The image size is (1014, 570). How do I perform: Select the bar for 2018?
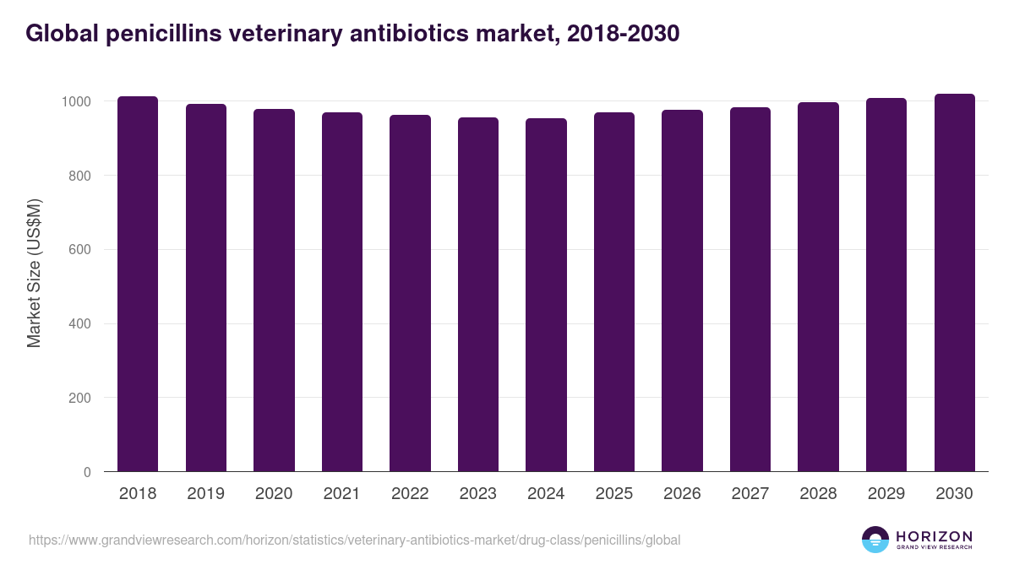(138, 284)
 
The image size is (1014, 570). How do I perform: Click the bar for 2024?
(546, 295)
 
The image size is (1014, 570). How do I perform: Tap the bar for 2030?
(954, 282)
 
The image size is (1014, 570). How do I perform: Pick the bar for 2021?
(342, 291)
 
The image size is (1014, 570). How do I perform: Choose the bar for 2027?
(750, 289)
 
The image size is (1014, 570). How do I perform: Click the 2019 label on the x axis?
(206, 494)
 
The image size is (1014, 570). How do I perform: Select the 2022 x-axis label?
(410, 494)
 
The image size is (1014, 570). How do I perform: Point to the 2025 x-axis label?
(614, 494)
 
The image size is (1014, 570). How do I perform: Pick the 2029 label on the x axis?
(886, 494)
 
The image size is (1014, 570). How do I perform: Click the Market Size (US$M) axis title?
(34, 274)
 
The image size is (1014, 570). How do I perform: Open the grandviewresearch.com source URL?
(354, 540)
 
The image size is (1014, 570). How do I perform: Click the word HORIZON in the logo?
(934, 535)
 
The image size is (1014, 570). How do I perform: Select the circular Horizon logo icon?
(875, 540)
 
